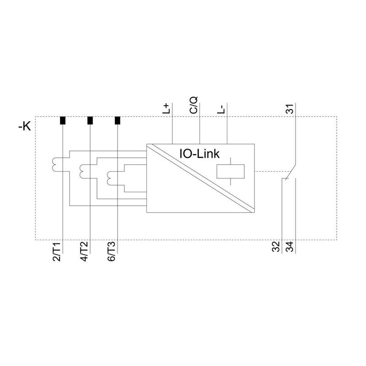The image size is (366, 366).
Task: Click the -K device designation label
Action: click(x=25, y=127)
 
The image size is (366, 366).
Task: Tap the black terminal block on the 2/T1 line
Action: click(x=63, y=120)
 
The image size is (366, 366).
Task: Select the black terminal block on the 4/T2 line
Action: click(x=90, y=120)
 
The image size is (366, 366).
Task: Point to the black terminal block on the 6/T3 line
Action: click(x=118, y=120)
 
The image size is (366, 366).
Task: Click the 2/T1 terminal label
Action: click(x=57, y=252)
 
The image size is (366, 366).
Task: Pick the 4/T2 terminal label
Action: click(x=84, y=251)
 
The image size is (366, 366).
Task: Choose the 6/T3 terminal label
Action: click(x=112, y=251)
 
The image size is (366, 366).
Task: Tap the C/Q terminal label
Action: click(x=194, y=105)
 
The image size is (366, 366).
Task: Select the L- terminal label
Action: click(x=221, y=109)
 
